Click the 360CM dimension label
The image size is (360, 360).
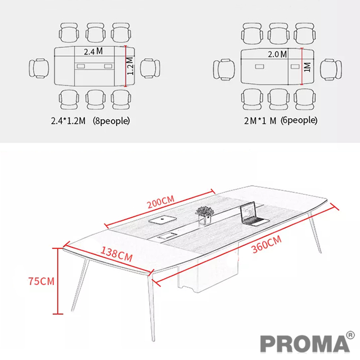pyautogui.click(x=267, y=244)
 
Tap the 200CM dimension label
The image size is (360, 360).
pyautogui.click(x=161, y=202)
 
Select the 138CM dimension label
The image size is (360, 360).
pyautogui.click(x=116, y=254)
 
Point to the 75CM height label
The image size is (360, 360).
pyautogui.click(x=41, y=281)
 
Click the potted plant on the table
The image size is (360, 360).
pyautogui.click(x=204, y=215)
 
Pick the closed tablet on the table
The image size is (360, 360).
pyautogui.click(x=163, y=219)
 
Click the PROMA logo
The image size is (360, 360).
pyautogui.click(x=305, y=344)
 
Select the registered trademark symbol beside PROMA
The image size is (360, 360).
pyautogui.click(x=350, y=335)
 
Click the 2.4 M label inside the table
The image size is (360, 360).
pyautogui.click(x=93, y=51)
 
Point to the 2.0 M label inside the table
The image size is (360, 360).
pyautogui.click(x=277, y=54)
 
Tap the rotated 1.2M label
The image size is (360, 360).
pyautogui.click(x=130, y=66)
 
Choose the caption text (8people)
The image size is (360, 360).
pyautogui.click(x=111, y=121)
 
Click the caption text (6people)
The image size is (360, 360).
pyautogui.click(x=299, y=120)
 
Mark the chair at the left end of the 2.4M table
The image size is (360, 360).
pyautogui.click(x=39, y=68)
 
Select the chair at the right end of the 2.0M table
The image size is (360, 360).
pyautogui.click(x=331, y=70)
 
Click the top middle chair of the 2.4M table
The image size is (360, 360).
pyautogui.click(x=96, y=33)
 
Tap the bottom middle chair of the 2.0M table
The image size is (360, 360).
pyautogui.click(x=278, y=100)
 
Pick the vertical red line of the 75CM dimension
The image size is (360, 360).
pyautogui.click(x=57, y=281)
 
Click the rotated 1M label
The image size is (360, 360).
pyautogui.click(x=307, y=67)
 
